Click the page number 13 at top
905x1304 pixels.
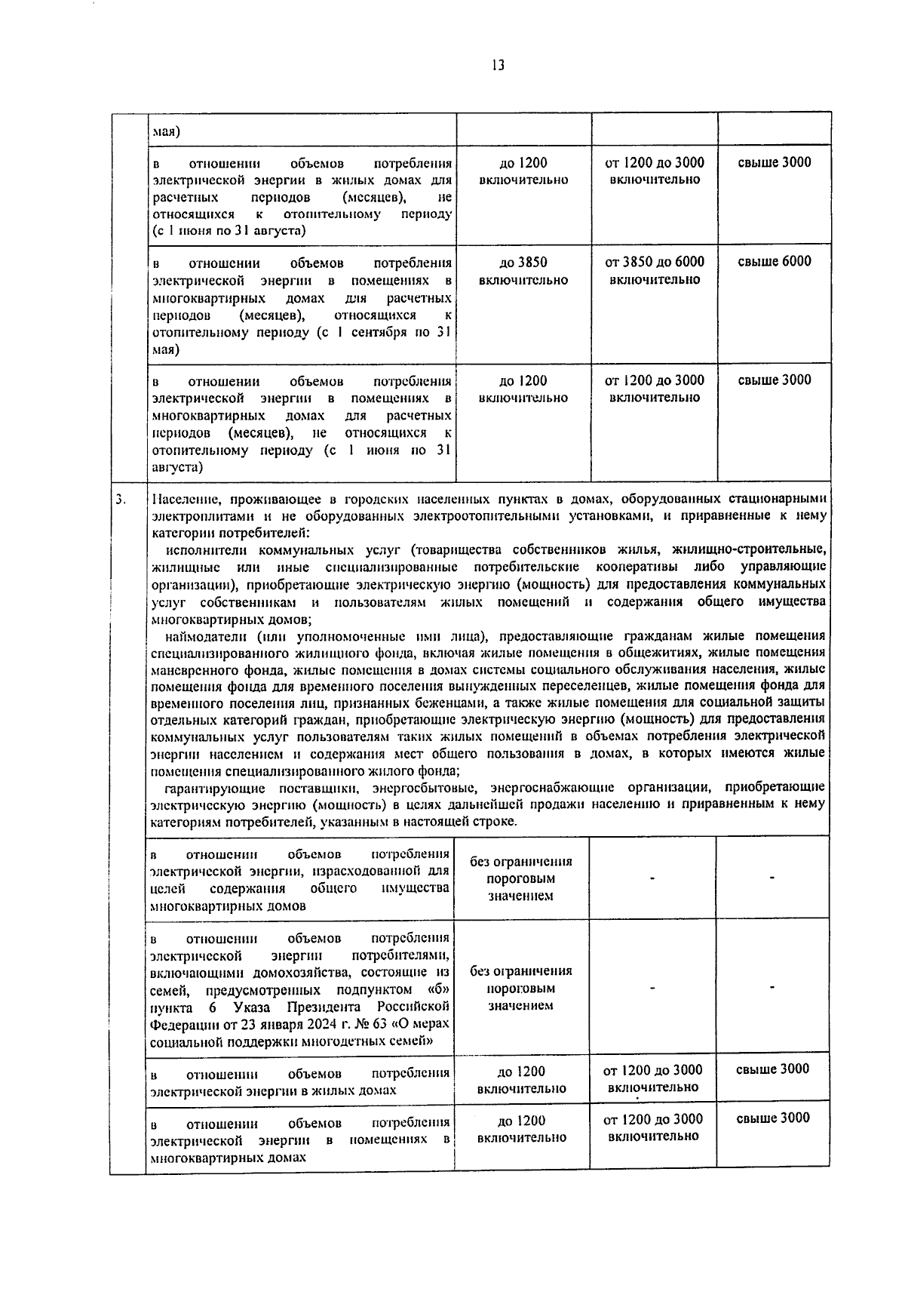pos(497,66)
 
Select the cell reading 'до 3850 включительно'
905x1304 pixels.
pos(523,271)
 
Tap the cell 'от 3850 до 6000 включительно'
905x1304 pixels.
pos(655,270)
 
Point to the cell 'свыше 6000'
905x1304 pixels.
pos(774,262)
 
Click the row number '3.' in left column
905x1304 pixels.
pos(121,500)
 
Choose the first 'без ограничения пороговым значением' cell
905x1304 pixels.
pos(520,878)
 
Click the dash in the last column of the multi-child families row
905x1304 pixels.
pos(772,987)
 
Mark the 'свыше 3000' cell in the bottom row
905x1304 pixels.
pos(772,1118)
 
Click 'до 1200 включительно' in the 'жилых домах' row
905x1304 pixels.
pos(521,1079)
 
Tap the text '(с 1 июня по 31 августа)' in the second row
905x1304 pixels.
pos(229,231)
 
